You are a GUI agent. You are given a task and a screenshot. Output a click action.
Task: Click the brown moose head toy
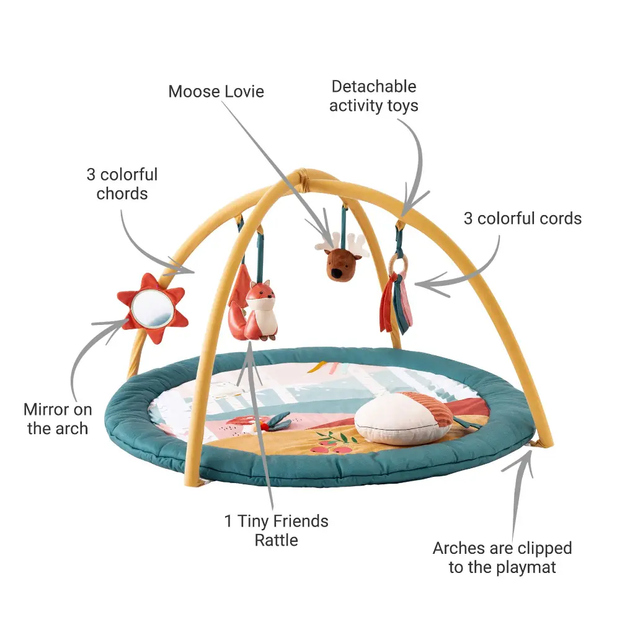pyautogui.click(x=340, y=264)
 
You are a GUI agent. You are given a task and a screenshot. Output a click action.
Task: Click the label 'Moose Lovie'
pyautogui.click(x=216, y=92)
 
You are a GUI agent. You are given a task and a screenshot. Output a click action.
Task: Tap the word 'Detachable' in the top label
pyautogui.click(x=374, y=86)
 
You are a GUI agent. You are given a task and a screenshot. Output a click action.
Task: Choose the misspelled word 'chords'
pyautogui.click(x=122, y=193)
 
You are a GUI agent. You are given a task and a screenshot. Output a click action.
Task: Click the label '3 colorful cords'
pyautogui.click(x=522, y=218)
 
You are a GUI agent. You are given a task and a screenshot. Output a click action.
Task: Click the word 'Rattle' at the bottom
pyautogui.click(x=276, y=540)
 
